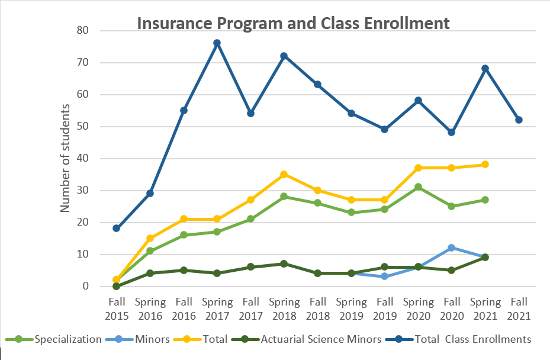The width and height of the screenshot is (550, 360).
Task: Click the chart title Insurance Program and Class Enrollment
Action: click(293, 24)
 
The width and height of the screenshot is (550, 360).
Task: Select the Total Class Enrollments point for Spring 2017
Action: click(217, 43)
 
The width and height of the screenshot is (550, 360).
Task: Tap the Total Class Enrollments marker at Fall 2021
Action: click(519, 120)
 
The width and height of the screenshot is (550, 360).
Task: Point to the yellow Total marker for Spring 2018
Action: click(284, 174)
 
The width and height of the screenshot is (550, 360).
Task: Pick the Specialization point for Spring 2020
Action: click(419, 187)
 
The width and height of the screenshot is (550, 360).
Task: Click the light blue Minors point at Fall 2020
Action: click(452, 247)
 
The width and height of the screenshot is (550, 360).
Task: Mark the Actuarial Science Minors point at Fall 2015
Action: click(117, 286)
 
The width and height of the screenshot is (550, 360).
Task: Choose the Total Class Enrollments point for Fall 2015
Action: click(117, 229)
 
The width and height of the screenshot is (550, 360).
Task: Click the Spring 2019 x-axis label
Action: click(351, 308)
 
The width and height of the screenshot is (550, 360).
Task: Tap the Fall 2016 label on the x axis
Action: click(184, 308)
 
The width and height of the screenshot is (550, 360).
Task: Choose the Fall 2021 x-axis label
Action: click(519, 308)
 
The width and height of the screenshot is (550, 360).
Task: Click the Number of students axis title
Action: click(66, 158)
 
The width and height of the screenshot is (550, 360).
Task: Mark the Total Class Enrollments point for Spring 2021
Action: click(485, 69)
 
